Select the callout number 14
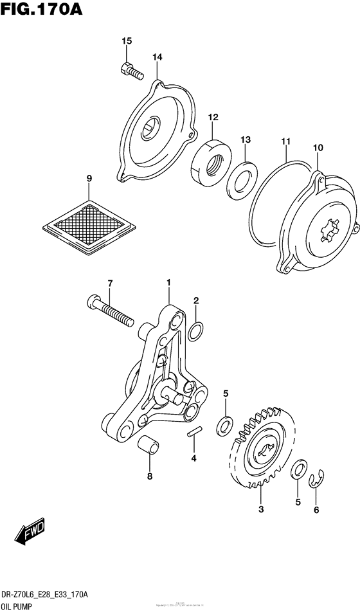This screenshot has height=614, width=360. coord(157,58)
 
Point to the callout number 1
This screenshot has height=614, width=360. coord(168,282)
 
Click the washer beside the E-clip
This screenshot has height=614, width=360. coord(298,469)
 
